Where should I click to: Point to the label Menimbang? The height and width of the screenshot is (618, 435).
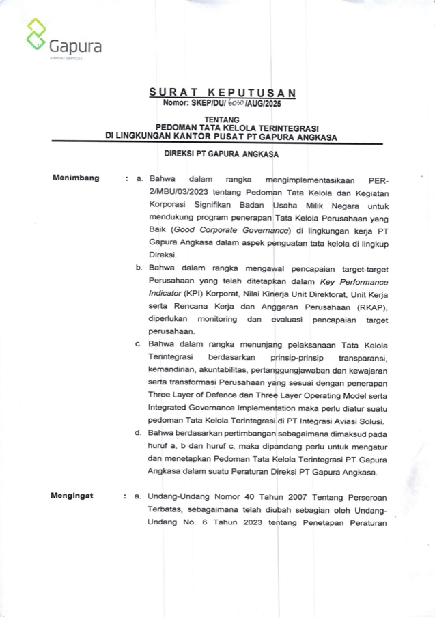[x=76, y=179]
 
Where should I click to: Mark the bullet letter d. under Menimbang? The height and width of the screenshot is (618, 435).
[x=138, y=433]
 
